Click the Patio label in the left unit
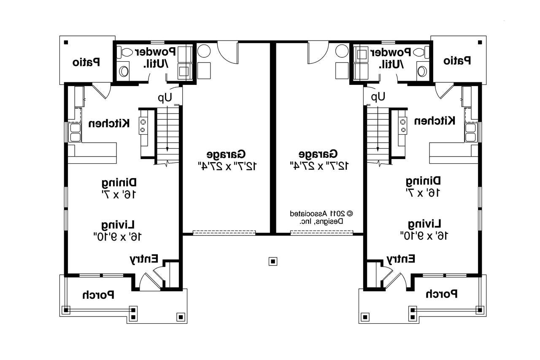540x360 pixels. [86, 62]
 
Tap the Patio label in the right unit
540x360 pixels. [457, 61]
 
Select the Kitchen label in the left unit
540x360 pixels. [109, 124]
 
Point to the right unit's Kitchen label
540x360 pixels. [435, 121]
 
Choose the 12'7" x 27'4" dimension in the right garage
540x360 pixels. [319, 165]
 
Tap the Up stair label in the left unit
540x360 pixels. [165, 98]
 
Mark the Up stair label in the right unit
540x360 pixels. [378, 97]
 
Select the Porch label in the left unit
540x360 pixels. [98, 295]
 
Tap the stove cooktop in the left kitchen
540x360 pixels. [143, 125]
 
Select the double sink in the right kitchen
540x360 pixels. [470, 132]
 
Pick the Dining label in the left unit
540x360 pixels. [119, 183]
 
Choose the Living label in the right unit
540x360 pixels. [424, 223]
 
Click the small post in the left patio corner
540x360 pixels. [66, 42]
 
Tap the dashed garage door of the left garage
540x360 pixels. [224, 233]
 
